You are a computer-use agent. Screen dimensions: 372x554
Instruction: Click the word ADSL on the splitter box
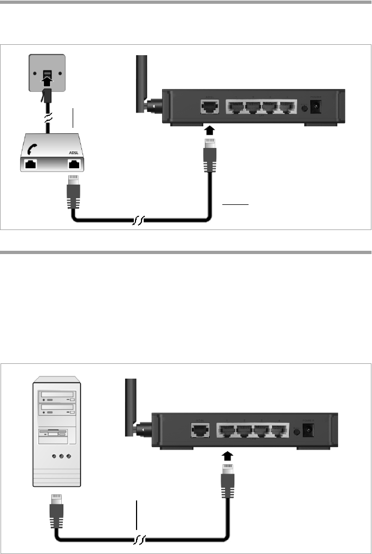tap(74, 154)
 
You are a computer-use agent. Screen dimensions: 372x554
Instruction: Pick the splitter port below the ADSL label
tap(74, 163)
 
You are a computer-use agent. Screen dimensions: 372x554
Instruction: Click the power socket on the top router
tap(315, 107)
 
